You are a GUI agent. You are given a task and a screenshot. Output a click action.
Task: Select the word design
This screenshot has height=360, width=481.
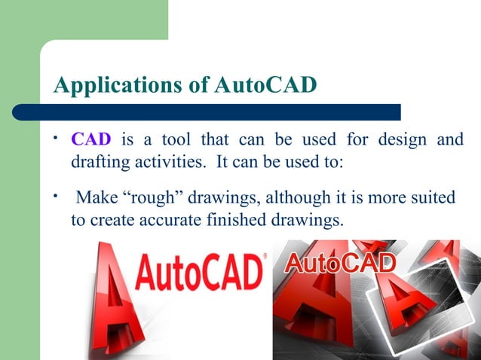[x=397, y=141]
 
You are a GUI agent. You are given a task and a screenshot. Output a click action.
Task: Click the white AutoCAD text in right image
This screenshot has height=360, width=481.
[x=339, y=264]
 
